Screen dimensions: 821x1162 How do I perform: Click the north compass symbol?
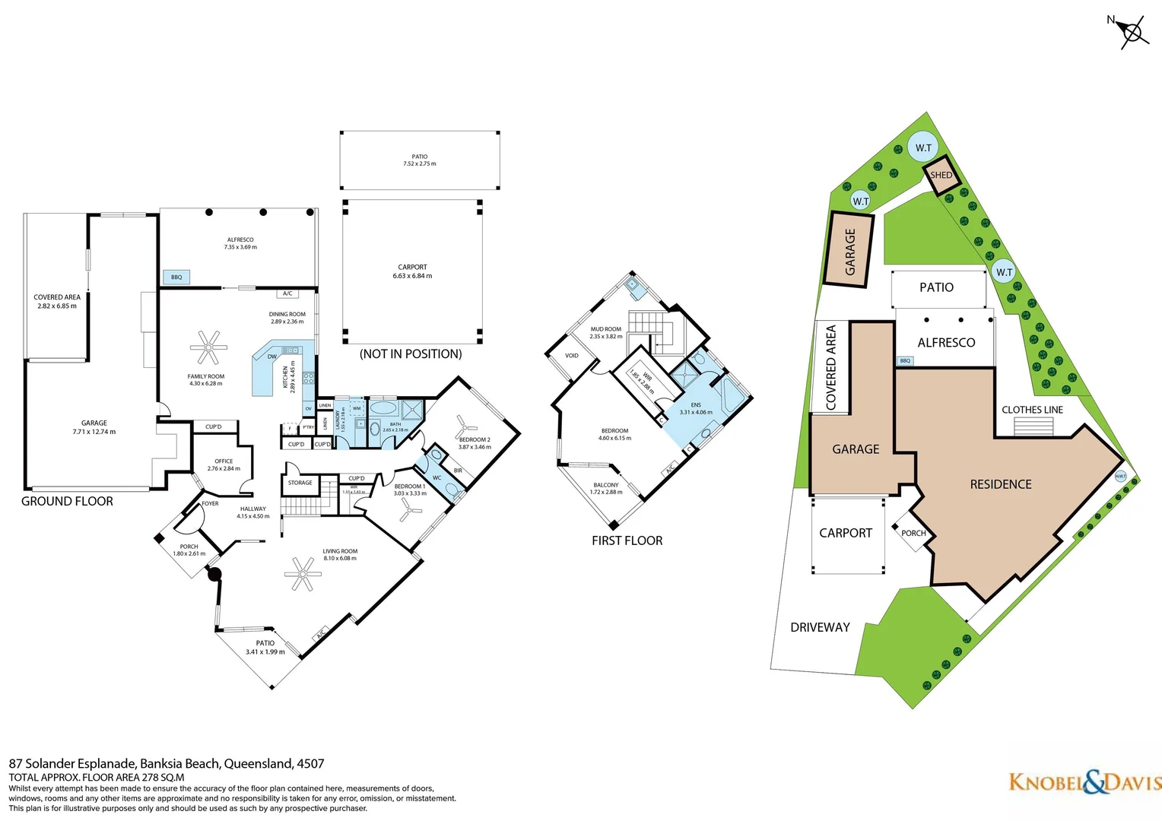pos(1132,33)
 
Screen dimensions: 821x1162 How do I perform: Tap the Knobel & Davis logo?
pos(1084,782)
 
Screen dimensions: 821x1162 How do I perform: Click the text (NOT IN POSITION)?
pos(411,354)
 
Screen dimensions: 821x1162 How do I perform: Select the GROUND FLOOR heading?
pos(67,502)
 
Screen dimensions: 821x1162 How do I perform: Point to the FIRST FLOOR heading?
pos(627,541)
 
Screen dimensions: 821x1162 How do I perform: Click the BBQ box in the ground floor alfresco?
pos(176,277)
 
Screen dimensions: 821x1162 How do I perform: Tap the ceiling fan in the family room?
pos(208,348)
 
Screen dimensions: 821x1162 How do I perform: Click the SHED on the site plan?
pos(941,176)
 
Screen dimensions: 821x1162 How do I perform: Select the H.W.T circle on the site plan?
pos(1120,477)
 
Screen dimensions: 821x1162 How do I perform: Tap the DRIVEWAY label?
pos(820,628)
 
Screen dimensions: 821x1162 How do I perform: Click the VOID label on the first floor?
pos(572,356)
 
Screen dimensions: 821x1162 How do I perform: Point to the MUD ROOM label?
pos(606,329)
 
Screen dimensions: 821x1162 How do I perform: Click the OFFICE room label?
pos(224,461)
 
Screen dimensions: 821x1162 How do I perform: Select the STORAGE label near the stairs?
pos(300,483)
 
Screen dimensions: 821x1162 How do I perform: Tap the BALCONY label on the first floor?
pos(606,485)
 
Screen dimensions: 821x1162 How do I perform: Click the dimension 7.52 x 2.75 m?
pos(420,164)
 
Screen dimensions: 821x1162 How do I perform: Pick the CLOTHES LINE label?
pos(1032,410)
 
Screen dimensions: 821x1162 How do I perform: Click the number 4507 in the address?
pos(310,764)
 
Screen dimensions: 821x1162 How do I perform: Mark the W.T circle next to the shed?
pos(922,147)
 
